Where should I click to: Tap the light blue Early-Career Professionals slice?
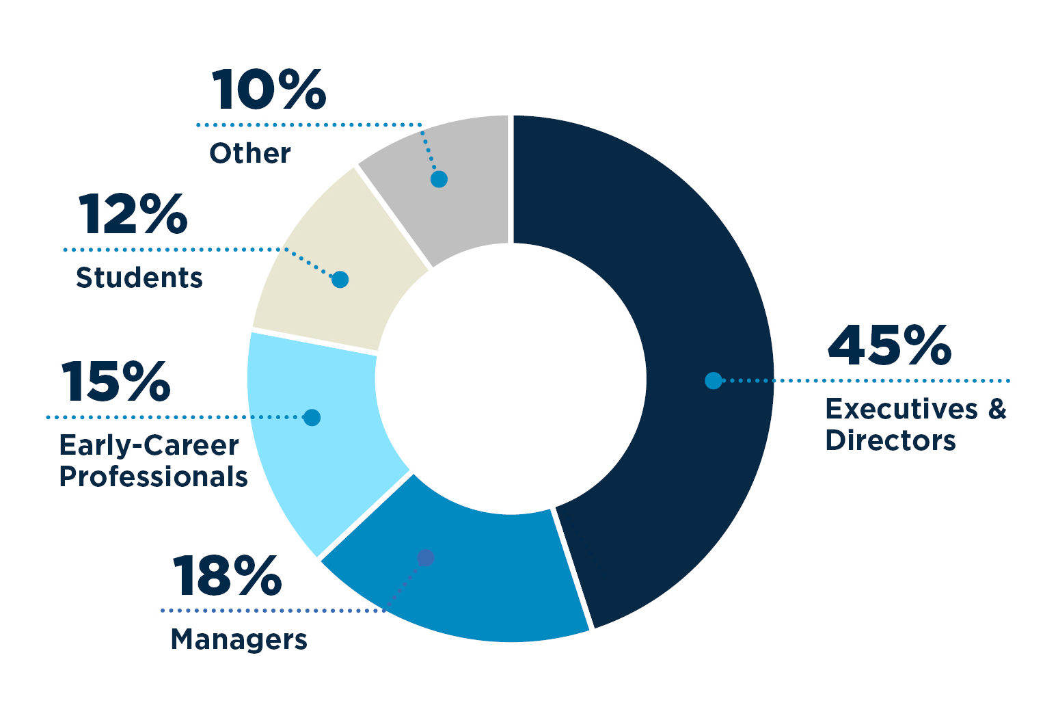click(x=321, y=465)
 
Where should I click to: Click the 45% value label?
click(x=889, y=346)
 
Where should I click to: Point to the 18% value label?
click(x=227, y=576)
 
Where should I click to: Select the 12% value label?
click(x=133, y=215)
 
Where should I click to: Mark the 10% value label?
click(x=269, y=90)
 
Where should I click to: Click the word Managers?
click(x=239, y=640)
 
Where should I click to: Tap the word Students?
click(x=139, y=278)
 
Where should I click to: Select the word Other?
click(x=250, y=153)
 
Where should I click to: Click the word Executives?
click(x=901, y=409)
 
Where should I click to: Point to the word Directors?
click(x=891, y=440)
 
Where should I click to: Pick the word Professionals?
click(x=153, y=477)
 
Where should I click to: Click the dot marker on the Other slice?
click(x=439, y=179)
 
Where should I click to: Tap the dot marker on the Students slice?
click(x=340, y=279)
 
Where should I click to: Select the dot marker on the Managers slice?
click(x=425, y=558)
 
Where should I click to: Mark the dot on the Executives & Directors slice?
click(x=713, y=380)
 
